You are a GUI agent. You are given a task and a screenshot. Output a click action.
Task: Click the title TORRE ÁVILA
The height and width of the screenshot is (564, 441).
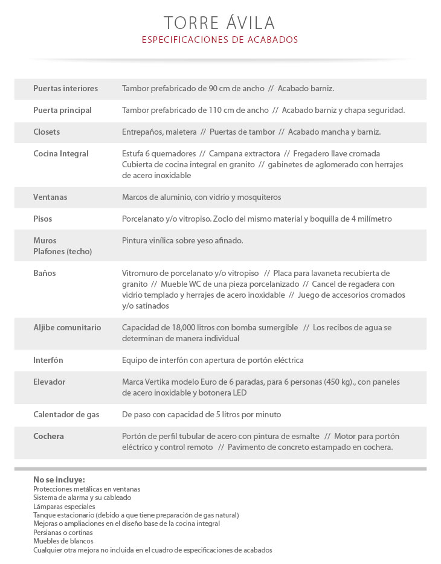(x=220, y=22)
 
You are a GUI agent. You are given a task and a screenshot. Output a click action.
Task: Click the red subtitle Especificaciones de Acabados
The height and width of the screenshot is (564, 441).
(x=220, y=40)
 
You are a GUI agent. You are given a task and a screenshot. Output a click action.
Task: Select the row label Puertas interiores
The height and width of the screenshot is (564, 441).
(x=65, y=88)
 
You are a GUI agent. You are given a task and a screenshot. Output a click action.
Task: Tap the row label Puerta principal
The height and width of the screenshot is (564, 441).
(x=62, y=110)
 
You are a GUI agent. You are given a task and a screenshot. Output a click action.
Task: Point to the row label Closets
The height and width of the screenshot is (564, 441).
(x=47, y=132)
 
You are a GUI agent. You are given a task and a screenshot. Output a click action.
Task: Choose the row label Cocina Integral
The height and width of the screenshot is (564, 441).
(x=60, y=153)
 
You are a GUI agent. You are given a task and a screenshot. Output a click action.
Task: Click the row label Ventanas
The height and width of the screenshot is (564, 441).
(x=50, y=197)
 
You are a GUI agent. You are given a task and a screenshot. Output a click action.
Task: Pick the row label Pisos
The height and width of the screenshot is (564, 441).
(x=43, y=219)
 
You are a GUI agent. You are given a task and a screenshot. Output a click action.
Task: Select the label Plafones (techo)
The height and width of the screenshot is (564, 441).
(x=62, y=251)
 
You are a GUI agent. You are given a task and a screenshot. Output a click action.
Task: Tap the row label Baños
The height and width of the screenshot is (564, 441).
(x=44, y=273)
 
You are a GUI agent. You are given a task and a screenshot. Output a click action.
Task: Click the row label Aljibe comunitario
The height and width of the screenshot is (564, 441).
(x=67, y=327)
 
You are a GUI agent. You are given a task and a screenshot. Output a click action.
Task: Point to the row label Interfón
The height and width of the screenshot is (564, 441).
(x=48, y=360)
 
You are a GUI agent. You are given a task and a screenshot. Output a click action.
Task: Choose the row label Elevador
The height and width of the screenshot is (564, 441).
(x=49, y=382)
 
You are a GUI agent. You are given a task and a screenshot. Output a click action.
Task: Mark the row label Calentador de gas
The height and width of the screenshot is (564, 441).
(x=66, y=414)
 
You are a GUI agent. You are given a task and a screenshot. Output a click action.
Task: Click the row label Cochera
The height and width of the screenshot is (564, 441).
(x=48, y=436)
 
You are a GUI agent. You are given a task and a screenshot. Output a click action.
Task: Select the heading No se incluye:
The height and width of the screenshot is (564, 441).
(x=59, y=479)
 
